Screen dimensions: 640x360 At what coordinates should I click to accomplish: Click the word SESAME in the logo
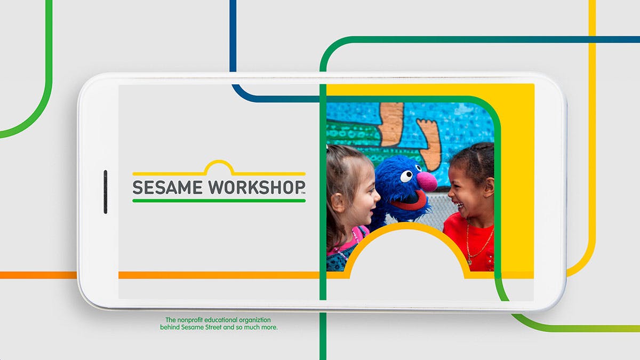coord(167,187)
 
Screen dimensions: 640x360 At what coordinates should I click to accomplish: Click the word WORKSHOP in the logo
coord(256,187)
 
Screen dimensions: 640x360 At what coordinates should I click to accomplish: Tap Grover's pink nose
coord(427,181)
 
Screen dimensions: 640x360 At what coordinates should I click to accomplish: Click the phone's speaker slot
coord(106,191)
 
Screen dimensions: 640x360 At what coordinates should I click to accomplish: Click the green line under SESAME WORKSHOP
coord(219,201)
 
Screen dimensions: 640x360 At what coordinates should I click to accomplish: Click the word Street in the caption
coord(213,327)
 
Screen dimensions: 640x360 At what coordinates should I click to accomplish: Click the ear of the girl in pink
coord(337,202)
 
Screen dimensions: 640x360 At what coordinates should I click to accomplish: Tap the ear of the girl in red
coord(489,187)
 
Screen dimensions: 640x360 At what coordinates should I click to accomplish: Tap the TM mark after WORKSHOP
coord(303,194)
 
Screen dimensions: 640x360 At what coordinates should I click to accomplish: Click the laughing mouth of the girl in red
coord(459,206)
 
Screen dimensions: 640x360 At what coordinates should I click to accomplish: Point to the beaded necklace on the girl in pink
coord(348,245)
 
